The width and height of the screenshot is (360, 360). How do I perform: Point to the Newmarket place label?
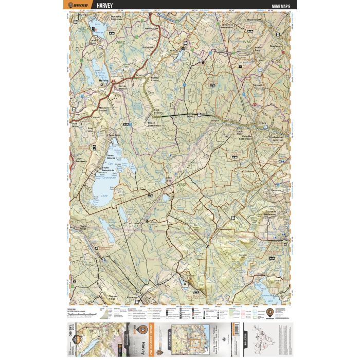(152, 29)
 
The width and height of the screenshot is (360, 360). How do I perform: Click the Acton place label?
(138, 75)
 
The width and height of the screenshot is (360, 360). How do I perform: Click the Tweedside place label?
(114, 135)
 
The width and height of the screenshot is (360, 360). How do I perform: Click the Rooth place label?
(190, 117)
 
